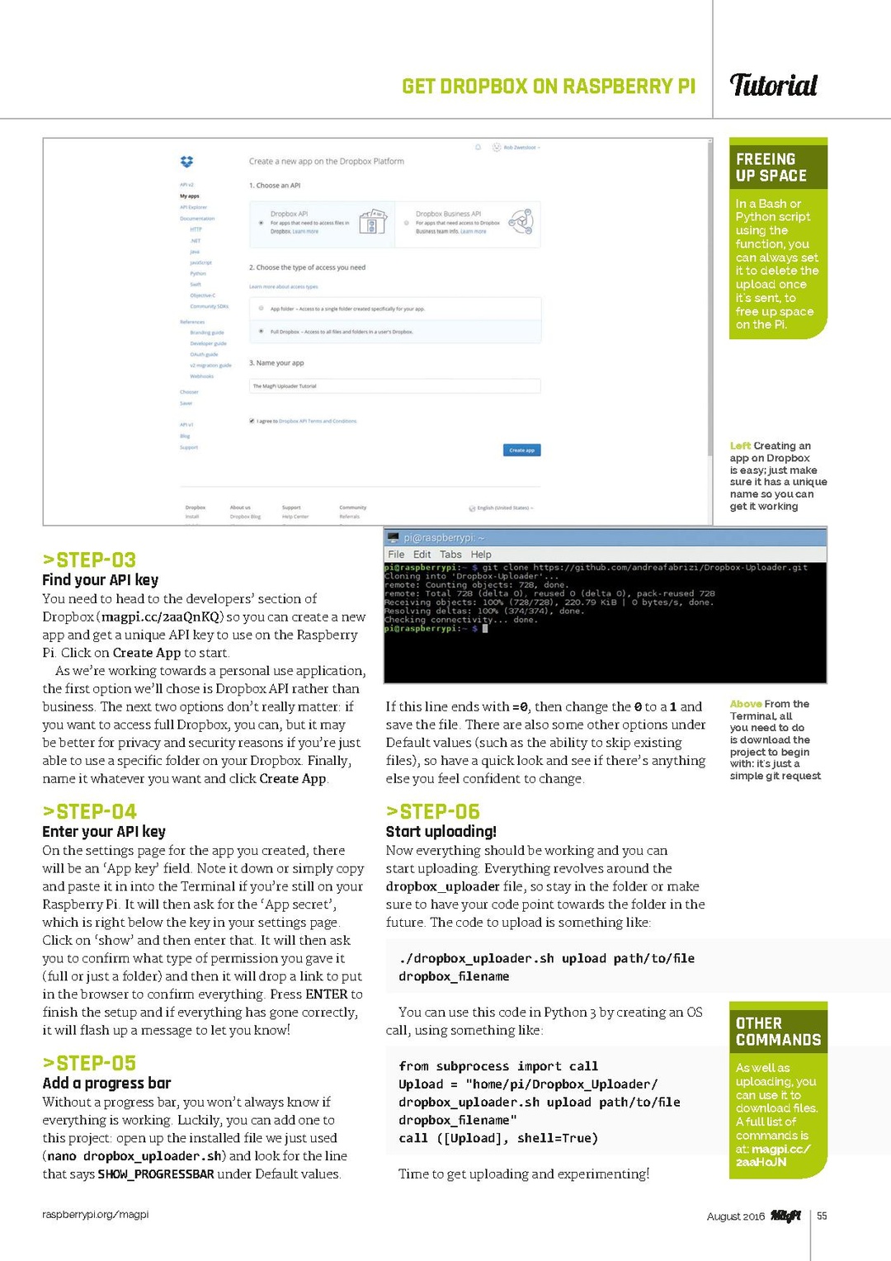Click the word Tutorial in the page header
773,85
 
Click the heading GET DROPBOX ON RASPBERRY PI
549,87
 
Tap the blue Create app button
521,450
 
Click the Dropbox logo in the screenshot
186,162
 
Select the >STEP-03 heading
89,560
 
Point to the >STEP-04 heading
89,811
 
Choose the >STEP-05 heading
89,1063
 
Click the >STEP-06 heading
432,811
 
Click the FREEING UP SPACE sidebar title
771,168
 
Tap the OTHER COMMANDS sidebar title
778,1032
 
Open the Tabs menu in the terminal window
450,555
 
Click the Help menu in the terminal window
481,555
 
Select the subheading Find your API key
100,580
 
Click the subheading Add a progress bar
106,1083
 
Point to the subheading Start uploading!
441,832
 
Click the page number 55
822,1216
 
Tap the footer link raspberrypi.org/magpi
95,1215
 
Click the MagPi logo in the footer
785,1216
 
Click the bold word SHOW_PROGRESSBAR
156,1174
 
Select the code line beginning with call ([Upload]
497,1138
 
